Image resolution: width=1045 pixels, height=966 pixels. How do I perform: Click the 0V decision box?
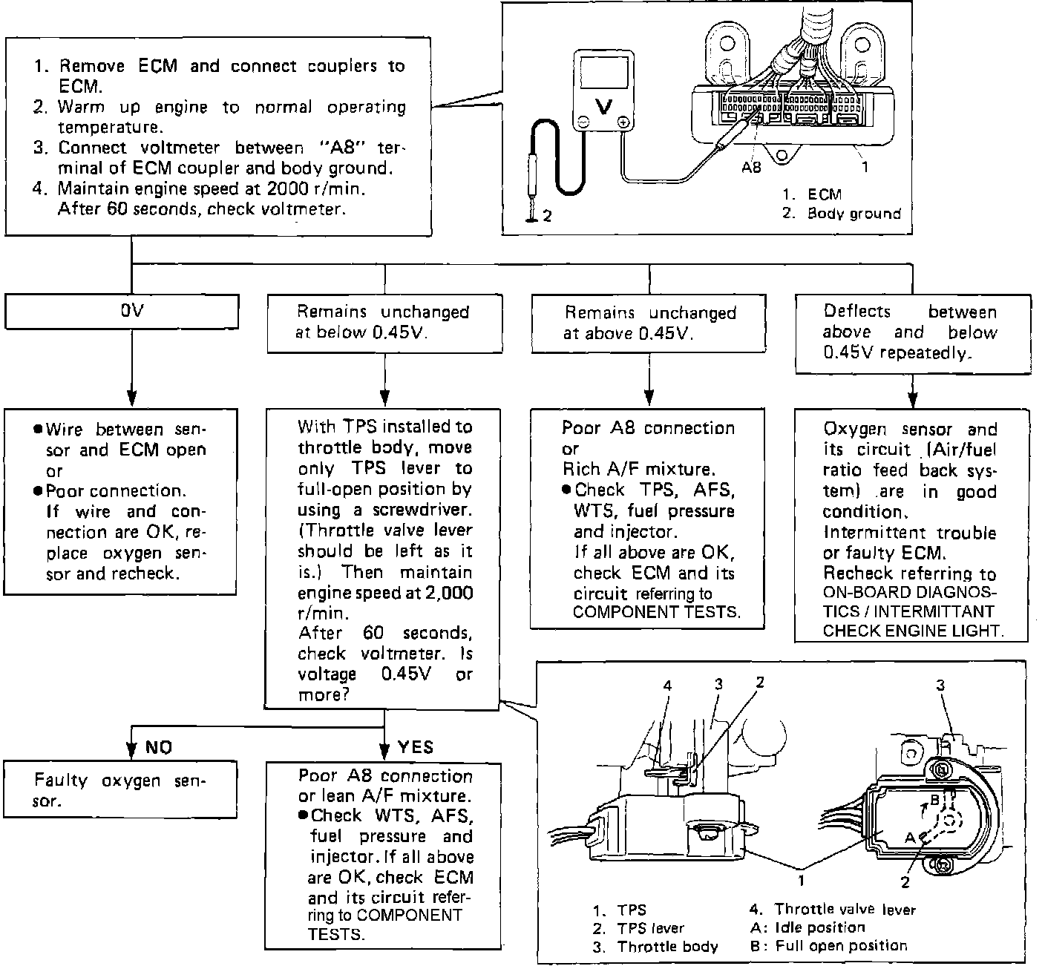pyautogui.click(x=122, y=312)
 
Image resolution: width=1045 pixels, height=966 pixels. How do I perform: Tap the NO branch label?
pyautogui.click(x=158, y=747)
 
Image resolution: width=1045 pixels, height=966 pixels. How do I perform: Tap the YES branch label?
pyautogui.click(x=416, y=747)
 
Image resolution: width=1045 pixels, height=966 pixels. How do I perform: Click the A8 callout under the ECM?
pyautogui.click(x=751, y=168)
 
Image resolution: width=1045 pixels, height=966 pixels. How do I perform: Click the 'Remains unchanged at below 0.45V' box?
pyautogui.click(x=383, y=323)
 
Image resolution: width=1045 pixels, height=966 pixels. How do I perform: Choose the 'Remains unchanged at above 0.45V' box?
pyautogui.click(x=649, y=323)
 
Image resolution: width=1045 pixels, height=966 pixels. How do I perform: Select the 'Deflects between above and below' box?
pyautogui.click(x=912, y=333)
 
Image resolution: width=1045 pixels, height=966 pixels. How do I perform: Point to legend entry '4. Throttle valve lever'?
pyautogui.click(x=833, y=910)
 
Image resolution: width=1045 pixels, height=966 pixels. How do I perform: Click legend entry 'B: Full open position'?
pyautogui.click(x=829, y=946)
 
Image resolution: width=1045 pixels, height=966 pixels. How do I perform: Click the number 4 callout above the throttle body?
pyautogui.click(x=667, y=686)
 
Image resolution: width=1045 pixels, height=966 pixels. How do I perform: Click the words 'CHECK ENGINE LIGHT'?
pyautogui.click(x=913, y=631)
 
